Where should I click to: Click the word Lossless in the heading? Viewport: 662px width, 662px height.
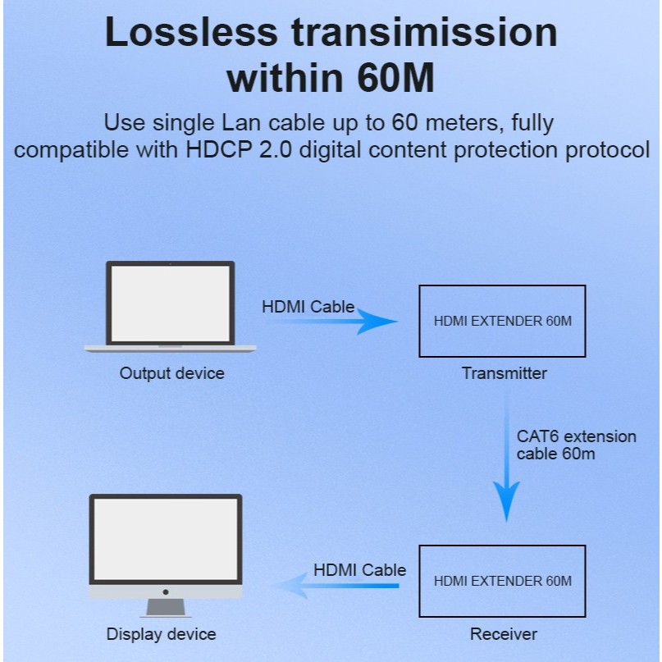click(x=191, y=33)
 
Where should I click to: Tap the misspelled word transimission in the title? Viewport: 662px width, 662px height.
click(x=424, y=33)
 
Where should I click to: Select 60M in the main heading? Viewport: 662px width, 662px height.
click(x=395, y=79)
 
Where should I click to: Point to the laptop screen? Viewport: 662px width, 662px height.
click(x=170, y=304)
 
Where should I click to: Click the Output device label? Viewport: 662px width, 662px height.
click(x=171, y=373)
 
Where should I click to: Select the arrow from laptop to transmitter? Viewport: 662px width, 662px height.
click(x=330, y=322)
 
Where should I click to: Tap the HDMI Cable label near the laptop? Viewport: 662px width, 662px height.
click(x=308, y=307)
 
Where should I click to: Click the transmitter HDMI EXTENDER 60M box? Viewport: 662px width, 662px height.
click(x=502, y=285)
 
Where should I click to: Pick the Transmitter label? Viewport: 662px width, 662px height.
click(x=504, y=373)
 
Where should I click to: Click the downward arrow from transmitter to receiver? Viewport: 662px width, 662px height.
click(x=507, y=456)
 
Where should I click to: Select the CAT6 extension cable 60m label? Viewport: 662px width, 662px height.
click(x=577, y=445)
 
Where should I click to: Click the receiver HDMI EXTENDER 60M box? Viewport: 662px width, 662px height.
click(x=502, y=546)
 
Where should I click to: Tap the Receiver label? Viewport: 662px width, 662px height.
click(x=504, y=634)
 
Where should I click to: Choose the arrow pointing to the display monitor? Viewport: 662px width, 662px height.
click(x=336, y=586)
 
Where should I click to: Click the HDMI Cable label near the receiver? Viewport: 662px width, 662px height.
click(x=359, y=570)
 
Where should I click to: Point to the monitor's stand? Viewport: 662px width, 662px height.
click(x=166, y=608)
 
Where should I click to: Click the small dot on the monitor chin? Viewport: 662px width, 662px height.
click(x=166, y=592)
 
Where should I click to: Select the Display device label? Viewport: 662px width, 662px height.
click(x=162, y=634)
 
